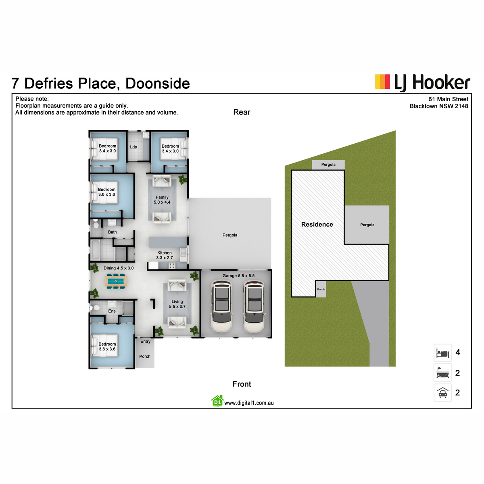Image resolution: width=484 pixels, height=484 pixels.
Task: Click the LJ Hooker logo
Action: pos(422,82)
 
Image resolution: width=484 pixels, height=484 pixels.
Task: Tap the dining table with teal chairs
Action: pos(116,281)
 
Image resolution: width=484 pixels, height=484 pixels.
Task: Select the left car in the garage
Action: pos(222,306)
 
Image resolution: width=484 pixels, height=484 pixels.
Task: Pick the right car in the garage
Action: pos(254,306)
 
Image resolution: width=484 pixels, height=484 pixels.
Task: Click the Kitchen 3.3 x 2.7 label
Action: pos(165,255)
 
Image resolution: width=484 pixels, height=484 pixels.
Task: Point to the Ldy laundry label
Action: pos(134,147)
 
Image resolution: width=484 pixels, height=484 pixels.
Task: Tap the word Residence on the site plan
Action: pos(317,224)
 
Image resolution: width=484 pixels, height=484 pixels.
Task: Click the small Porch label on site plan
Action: pos(321,289)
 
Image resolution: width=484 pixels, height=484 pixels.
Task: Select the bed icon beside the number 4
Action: pos(442,353)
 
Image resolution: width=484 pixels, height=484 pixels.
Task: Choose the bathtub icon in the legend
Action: pos(442,373)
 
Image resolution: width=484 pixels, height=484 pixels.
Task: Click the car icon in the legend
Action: pos(442,392)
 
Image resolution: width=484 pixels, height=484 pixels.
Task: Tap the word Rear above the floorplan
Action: pos(242,112)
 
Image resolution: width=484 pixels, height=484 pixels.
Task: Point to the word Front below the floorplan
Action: pos(242,384)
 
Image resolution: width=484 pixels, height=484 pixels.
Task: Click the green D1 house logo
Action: pos(217,401)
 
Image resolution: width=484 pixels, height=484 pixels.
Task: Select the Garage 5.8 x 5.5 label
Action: pos(238,275)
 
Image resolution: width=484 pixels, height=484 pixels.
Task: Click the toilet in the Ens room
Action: pos(94,308)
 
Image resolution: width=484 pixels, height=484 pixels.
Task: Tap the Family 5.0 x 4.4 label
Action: pos(162,200)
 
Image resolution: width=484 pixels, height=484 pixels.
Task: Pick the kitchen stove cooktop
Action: pos(172,265)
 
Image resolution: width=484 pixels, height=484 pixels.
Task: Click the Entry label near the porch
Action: pos(146,341)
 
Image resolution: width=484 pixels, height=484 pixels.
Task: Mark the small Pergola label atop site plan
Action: pos(328,165)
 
